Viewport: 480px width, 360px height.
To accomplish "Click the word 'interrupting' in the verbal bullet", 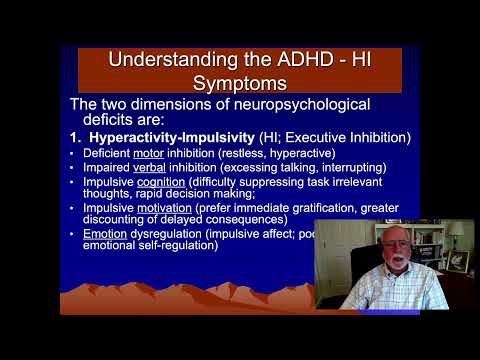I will (351, 168).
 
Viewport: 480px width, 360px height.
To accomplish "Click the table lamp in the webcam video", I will (459, 239).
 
